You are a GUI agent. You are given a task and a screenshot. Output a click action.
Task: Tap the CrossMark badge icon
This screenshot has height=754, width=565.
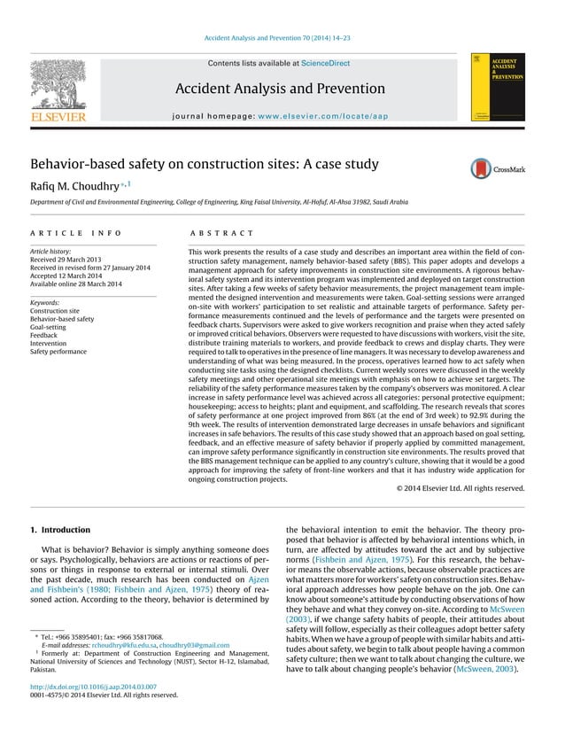tap(499, 167)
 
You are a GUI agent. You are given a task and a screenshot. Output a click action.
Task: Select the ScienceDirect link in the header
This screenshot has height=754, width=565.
tap(325, 64)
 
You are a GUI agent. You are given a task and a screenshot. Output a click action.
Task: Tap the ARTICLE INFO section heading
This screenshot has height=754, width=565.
tap(76, 233)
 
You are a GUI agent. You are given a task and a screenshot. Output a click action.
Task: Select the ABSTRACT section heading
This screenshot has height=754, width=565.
tap(221, 233)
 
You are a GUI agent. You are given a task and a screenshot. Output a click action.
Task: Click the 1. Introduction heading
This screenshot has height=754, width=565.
tap(60, 530)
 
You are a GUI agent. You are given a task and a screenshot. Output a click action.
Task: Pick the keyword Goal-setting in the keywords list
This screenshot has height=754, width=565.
tap(49, 328)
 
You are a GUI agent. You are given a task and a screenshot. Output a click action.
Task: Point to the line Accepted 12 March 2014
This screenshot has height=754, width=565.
tap(69, 276)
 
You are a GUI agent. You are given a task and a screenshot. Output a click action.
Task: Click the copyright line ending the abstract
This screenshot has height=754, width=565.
tap(460, 488)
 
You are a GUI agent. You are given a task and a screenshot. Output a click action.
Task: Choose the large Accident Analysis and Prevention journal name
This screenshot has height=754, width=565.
tap(280, 89)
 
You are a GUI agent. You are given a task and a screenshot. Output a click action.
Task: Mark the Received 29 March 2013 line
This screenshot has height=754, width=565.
tap(66, 260)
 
